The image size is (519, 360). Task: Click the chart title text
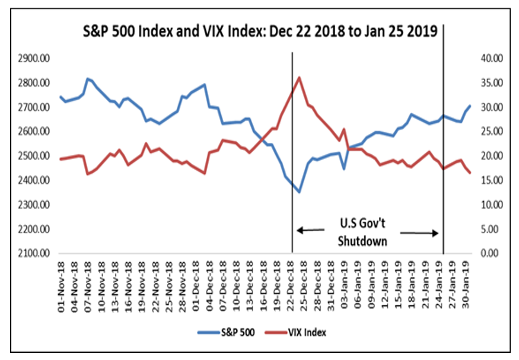click(260, 31)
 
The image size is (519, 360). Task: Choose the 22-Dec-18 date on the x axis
click(292, 279)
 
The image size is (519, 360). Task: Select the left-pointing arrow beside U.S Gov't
click(311, 230)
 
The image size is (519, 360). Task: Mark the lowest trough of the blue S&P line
click(300, 192)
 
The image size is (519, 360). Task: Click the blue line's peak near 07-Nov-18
click(88, 78)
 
